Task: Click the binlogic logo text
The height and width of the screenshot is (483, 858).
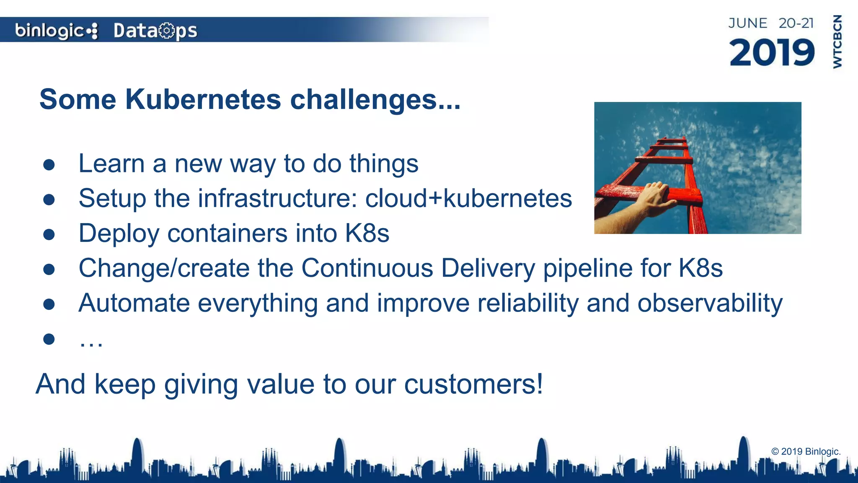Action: click(x=49, y=31)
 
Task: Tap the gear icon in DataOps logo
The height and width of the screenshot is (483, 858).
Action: click(x=167, y=31)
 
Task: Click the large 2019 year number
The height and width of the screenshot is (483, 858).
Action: click(x=772, y=52)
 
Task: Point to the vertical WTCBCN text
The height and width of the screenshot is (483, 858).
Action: click(x=837, y=42)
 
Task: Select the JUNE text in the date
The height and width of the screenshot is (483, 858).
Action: click(x=747, y=23)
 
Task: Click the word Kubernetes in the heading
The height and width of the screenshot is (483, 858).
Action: click(x=203, y=99)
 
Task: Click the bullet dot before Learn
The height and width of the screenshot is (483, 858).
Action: click(x=49, y=164)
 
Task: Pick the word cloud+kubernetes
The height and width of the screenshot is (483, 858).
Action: click(x=468, y=198)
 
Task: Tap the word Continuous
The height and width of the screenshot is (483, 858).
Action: click(x=367, y=268)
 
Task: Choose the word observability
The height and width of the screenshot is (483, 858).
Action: click(x=710, y=303)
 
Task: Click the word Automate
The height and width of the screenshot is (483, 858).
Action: click(x=134, y=303)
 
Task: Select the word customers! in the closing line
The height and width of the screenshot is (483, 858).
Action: click(x=473, y=384)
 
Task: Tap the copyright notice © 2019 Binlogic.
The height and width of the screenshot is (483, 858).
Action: click(x=806, y=452)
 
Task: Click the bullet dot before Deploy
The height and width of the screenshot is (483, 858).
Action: click(x=49, y=234)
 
